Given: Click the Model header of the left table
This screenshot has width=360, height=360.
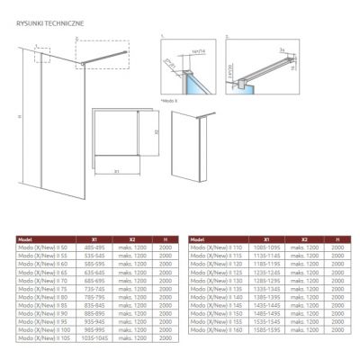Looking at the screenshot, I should point(26,239).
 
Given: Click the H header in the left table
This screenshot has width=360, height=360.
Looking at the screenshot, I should point(165,239).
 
